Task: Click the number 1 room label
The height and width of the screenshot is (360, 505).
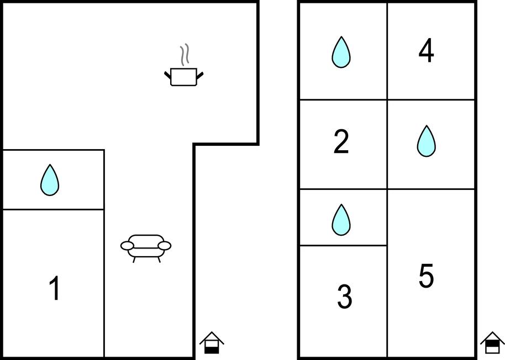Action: point(55,288)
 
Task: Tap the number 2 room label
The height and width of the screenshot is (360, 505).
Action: point(341,141)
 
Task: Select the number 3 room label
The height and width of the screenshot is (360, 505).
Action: point(344,297)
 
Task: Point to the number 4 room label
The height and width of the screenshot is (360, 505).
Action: point(426,51)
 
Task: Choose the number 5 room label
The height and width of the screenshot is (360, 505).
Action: point(426,276)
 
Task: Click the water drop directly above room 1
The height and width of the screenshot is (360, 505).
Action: point(50,180)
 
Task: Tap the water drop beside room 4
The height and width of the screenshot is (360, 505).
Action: point(341,52)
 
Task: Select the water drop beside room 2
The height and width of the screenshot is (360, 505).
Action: point(427,141)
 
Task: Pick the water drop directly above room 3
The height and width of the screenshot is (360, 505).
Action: point(341,220)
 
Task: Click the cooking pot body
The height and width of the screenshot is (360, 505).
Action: point(183,77)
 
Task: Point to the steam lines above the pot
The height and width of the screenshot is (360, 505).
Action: point(184,55)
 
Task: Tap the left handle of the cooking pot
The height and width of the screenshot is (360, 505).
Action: point(167,75)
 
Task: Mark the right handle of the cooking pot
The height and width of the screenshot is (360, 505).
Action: point(199,75)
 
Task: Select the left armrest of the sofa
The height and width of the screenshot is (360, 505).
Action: point(127,246)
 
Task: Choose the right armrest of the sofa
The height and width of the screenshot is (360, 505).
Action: point(165,246)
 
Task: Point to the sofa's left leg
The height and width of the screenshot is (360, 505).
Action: point(134,260)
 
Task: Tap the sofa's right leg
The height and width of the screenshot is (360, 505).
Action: point(159,260)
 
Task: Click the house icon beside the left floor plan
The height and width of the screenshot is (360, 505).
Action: point(212,343)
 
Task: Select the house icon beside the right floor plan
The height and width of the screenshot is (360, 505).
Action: point(492,343)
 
